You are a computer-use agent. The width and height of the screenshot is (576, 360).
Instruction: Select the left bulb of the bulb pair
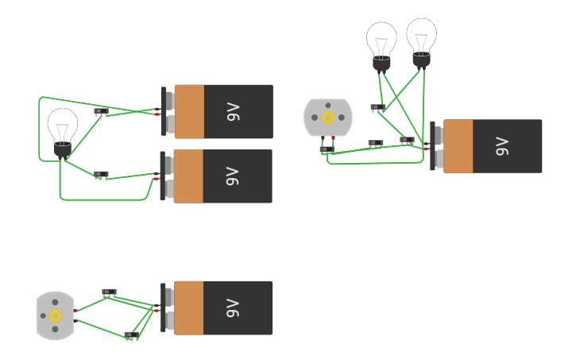coord(381,41)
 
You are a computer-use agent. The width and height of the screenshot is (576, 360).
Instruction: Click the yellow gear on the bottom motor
coord(55,315)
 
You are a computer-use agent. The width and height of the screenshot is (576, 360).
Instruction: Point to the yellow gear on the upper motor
coord(327,118)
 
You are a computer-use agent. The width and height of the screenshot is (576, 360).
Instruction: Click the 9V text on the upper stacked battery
coord(233,112)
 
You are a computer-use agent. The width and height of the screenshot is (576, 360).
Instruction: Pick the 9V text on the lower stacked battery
coord(232,176)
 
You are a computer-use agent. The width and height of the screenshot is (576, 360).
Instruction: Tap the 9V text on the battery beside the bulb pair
coord(501,146)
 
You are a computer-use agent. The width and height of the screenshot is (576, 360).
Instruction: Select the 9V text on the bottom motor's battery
coord(232,308)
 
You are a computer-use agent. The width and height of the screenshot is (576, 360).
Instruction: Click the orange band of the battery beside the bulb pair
coord(458,146)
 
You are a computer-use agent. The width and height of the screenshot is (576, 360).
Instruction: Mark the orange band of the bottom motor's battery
coord(188,308)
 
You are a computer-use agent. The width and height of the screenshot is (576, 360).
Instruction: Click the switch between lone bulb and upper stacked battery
coord(101,112)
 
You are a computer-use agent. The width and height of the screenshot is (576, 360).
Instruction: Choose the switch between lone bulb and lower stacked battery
coord(101,174)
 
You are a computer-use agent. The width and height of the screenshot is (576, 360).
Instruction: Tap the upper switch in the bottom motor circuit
coord(109,292)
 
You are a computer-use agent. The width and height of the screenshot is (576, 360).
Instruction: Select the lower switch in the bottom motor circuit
coord(131,335)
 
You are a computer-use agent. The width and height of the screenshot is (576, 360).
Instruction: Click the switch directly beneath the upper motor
coord(327,149)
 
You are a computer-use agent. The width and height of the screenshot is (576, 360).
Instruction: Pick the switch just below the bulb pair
coord(377,107)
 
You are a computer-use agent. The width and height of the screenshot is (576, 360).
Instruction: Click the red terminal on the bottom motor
coord(75,311)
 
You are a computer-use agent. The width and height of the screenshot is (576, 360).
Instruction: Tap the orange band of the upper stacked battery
coord(189,112)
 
